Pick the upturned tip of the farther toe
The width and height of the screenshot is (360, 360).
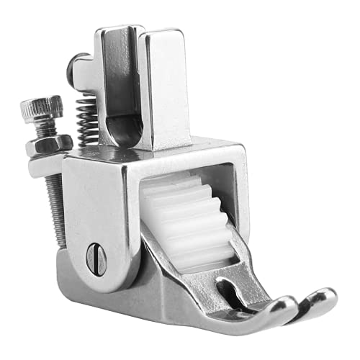tap(322, 297)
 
